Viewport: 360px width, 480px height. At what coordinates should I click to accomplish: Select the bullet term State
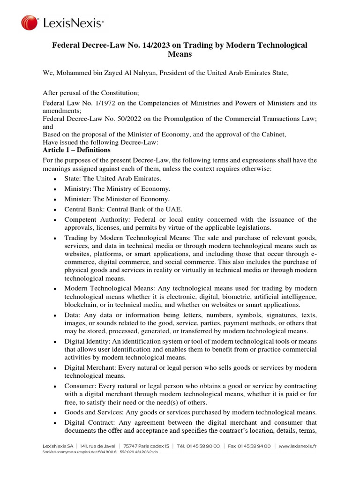point(73,179)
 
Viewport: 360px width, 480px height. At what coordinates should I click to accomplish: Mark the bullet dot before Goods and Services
point(55,413)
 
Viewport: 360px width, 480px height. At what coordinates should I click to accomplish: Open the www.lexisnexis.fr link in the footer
point(297,447)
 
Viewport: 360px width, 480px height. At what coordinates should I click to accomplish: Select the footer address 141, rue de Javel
point(98,447)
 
